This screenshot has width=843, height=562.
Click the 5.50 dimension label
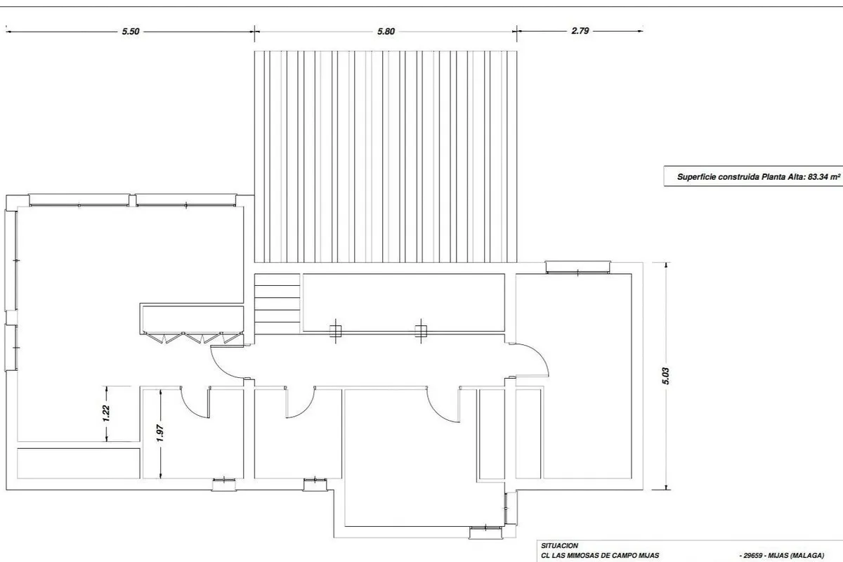pos(131,32)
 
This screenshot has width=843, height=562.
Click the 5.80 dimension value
pos(386,32)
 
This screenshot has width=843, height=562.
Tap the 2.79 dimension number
pos(580,31)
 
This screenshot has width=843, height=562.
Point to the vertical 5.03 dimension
pos(666,376)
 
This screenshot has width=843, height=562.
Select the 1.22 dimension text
pos(106,413)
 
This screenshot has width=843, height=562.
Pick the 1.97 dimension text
pos(160,433)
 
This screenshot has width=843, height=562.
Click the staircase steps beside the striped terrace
pos(277,303)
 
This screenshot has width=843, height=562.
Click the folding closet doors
pos(192,337)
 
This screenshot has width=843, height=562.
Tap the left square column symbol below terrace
pos(335,332)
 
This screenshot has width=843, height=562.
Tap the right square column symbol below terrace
pos(421,332)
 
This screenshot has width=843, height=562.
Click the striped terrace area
pos(386,157)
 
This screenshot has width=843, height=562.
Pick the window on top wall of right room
pos(577,267)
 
